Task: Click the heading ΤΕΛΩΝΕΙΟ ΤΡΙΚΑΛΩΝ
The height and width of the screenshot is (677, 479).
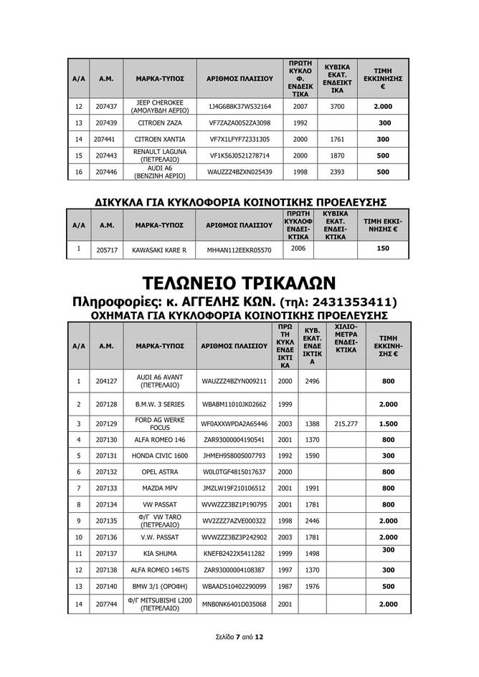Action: click(x=239, y=280)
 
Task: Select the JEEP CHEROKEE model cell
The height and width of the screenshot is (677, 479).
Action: click(x=155, y=107)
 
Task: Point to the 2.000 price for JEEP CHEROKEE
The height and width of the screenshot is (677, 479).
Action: click(x=383, y=107)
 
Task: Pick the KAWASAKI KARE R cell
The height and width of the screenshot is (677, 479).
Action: click(x=159, y=250)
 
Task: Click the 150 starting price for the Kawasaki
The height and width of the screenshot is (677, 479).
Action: click(x=383, y=248)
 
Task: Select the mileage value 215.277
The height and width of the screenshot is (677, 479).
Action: click(x=346, y=423)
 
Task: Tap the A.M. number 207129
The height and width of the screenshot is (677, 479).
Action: click(x=106, y=423)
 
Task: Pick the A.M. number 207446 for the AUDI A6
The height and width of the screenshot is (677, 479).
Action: click(x=105, y=173)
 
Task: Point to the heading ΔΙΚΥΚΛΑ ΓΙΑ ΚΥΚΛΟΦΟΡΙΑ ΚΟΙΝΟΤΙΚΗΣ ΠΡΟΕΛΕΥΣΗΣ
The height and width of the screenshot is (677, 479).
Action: click(x=239, y=201)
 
